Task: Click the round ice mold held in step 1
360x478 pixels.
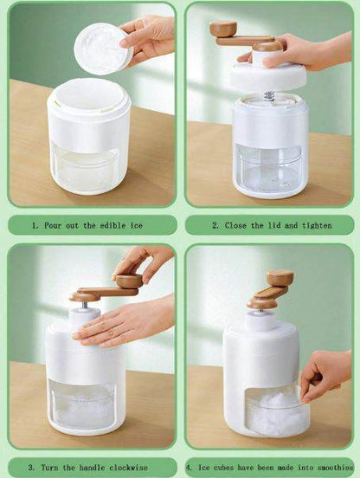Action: (103, 48)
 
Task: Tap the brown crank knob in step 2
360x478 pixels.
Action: (223, 29)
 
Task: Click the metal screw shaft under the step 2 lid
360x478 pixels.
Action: (269, 95)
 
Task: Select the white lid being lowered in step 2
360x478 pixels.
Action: (268, 76)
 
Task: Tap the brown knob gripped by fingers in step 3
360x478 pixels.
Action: (130, 281)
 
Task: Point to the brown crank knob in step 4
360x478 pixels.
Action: (280, 278)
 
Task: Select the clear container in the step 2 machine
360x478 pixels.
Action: (268, 168)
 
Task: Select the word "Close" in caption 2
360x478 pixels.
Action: (235, 226)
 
